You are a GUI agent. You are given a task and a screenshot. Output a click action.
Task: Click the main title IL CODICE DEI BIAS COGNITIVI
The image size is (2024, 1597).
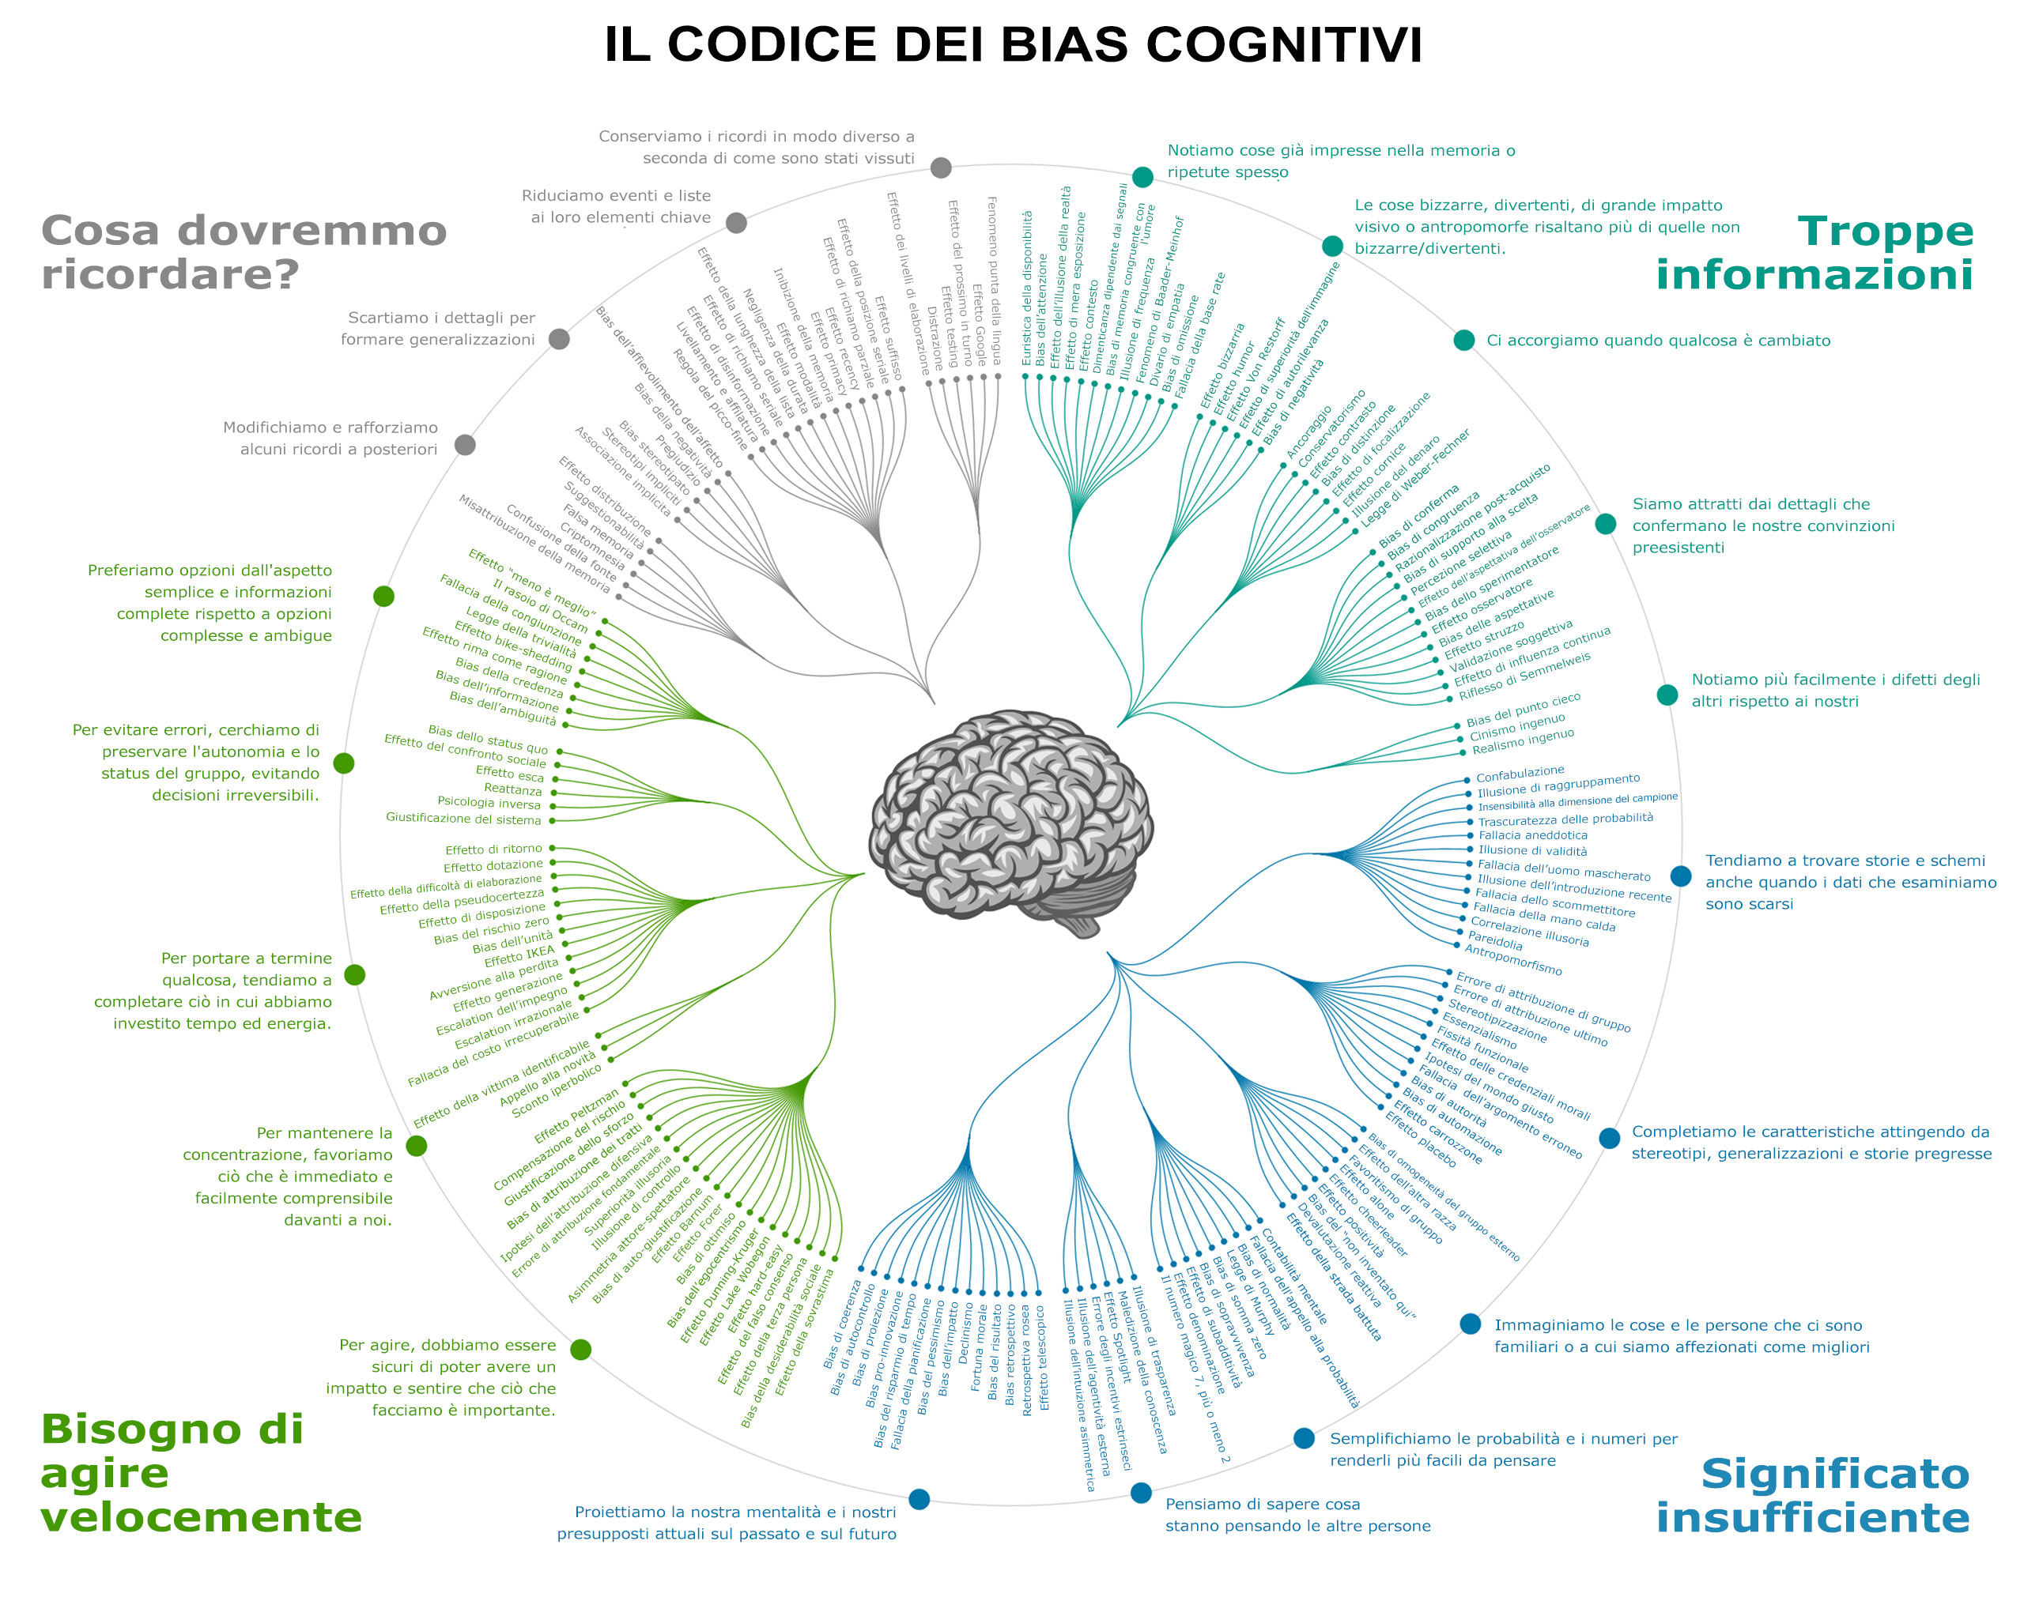click(1012, 45)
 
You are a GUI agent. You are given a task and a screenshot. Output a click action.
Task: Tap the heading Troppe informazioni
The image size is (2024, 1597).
click(1814, 252)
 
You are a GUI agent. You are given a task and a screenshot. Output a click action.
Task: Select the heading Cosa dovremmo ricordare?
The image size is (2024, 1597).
click(244, 252)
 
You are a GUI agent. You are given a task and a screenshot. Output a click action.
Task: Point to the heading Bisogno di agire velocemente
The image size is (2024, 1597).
click(200, 1473)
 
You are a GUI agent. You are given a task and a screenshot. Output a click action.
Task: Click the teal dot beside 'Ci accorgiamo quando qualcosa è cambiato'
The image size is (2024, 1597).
click(1463, 341)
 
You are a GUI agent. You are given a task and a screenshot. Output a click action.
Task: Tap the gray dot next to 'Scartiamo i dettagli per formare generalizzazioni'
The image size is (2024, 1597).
click(559, 338)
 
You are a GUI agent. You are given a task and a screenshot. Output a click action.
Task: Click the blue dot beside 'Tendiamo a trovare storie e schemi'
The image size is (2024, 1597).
click(1681, 876)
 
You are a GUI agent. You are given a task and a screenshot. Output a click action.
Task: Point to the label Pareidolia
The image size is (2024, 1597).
click(1494, 940)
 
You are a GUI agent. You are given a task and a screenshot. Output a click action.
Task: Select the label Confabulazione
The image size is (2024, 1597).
click(1520, 774)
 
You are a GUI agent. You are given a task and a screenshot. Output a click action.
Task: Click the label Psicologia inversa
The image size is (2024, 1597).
click(489, 802)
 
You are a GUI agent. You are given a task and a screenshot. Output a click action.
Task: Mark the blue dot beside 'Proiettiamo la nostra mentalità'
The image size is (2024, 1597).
click(919, 1499)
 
